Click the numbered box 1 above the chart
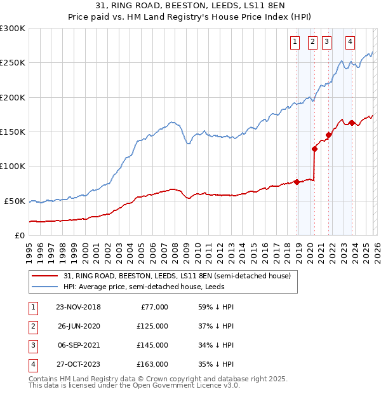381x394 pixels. point(296,43)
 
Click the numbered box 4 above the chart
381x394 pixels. point(350,43)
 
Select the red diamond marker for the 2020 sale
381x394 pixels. point(314,149)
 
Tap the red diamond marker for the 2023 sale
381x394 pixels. point(352,123)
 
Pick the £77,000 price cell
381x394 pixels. point(153,307)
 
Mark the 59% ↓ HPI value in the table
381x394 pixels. point(217,307)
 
